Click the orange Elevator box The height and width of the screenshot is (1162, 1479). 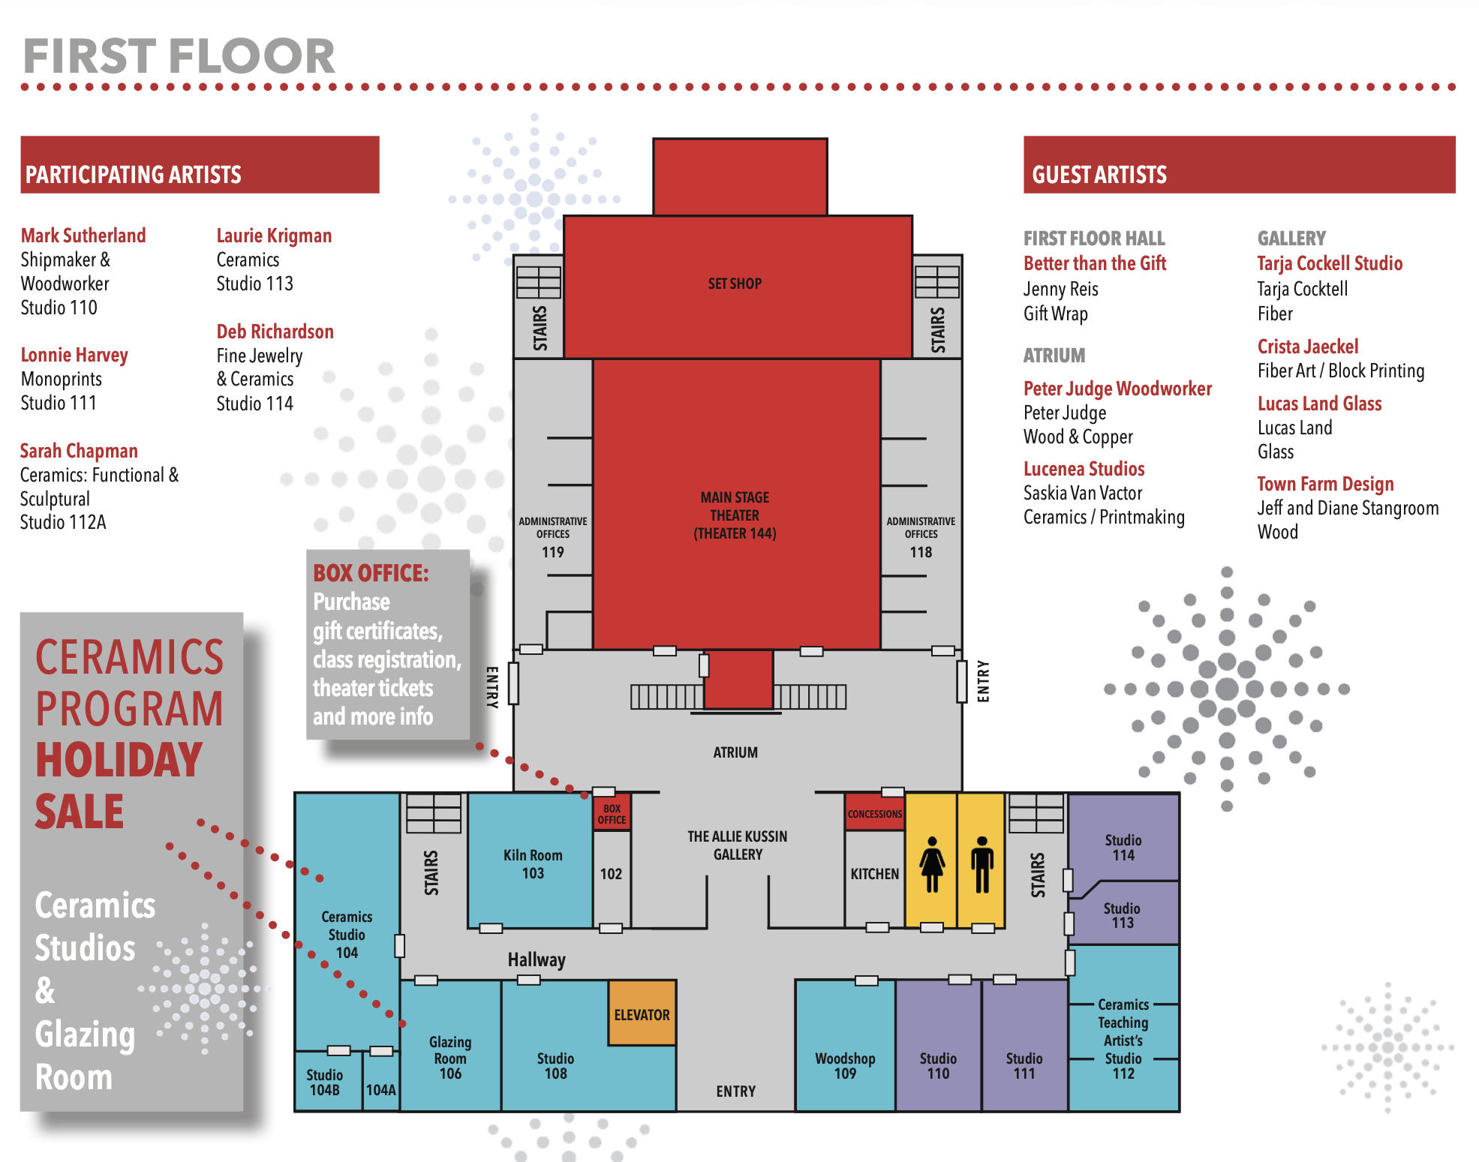coord(642,1013)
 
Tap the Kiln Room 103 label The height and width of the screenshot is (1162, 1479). coord(533,864)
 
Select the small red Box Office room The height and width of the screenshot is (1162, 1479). coord(612,814)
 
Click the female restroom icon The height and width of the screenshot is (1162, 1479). coord(932,864)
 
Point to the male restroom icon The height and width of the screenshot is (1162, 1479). coord(981,864)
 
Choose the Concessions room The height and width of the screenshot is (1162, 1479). coord(875,813)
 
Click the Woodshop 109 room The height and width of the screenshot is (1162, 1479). coord(845,1065)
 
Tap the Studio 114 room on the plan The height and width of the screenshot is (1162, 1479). coord(1123,848)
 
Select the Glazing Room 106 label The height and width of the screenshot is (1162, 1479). coord(450,1058)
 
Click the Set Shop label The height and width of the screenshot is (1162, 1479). coord(735,284)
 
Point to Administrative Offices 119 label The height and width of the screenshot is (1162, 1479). coord(553,536)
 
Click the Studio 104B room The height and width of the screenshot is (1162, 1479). coord(325,1082)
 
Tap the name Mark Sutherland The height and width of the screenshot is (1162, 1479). coord(83,236)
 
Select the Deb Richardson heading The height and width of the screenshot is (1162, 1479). coord(275,332)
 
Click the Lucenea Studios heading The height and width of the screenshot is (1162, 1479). coord(1084,469)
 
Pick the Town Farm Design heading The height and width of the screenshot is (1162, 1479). coord(1325,484)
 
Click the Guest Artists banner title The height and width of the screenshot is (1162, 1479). coord(1099,175)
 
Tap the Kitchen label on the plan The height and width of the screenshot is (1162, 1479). coord(874,874)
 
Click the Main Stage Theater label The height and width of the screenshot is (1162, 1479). coord(735,515)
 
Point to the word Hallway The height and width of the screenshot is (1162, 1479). coord(537,960)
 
